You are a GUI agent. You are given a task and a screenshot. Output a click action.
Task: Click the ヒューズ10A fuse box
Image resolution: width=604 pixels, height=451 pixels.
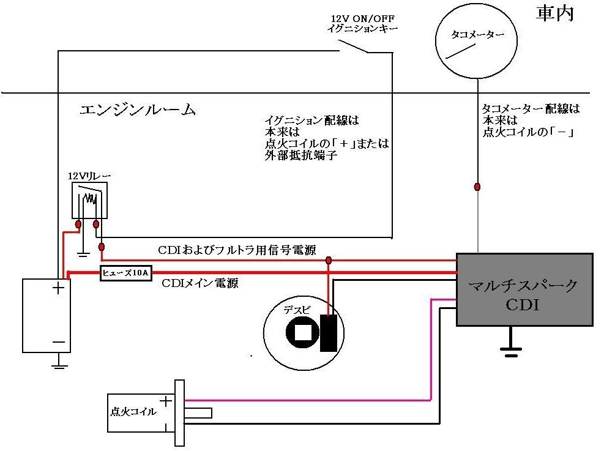pyautogui.click(x=126, y=273)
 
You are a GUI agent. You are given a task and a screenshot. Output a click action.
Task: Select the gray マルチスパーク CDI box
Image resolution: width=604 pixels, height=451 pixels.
pyautogui.click(x=524, y=289)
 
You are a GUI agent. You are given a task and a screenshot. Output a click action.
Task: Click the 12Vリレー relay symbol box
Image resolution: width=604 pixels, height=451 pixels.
pyautogui.click(x=89, y=200)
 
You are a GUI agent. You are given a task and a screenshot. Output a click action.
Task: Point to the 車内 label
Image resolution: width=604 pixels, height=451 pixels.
pyautogui.click(x=555, y=14)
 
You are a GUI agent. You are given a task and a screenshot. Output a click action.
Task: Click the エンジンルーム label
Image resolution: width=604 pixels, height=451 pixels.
pyautogui.click(x=138, y=110)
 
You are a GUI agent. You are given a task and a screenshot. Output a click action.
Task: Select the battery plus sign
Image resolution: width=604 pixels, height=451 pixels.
pyautogui.click(x=58, y=288)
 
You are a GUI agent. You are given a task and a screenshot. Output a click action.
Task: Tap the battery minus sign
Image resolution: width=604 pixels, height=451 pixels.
pyautogui.click(x=59, y=342)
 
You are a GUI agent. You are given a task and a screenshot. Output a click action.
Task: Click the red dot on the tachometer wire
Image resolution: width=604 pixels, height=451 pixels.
pyautogui.click(x=477, y=187)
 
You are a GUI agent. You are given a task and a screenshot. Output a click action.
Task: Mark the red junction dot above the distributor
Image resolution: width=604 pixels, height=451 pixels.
pyautogui.click(x=328, y=260)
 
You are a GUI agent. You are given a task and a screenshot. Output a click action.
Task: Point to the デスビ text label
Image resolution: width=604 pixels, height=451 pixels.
pyautogui.click(x=297, y=310)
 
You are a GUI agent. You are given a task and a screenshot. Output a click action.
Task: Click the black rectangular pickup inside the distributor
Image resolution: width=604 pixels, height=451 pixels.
pyautogui.click(x=329, y=333)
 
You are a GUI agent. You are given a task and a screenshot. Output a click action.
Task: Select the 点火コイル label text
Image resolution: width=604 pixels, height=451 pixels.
pyautogui.click(x=133, y=412)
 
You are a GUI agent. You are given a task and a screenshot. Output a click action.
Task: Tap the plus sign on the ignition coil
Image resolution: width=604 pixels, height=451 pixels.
pyautogui.click(x=166, y=401)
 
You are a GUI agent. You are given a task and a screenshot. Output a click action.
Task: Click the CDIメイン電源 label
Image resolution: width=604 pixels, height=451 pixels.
pyautogui.click(x=200, y=283)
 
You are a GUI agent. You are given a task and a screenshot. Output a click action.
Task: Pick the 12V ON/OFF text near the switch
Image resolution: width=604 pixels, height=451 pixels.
pyautogui.click(x=362, y=18)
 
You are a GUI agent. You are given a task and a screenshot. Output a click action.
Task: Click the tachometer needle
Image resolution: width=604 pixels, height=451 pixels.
pyautogui.click(x=460, y=51)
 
